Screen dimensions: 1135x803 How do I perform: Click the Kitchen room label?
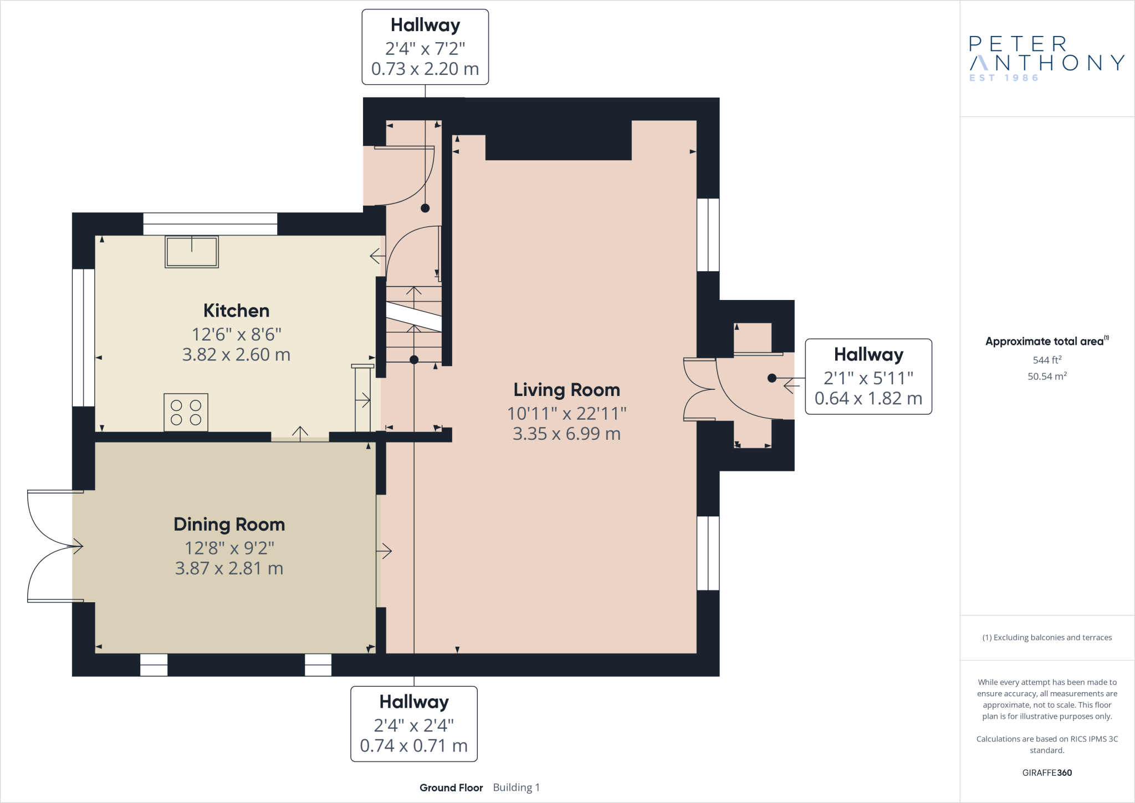point(236,311)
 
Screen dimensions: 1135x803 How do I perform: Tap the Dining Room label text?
point(229,525)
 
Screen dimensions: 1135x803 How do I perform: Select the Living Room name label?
point(566,390)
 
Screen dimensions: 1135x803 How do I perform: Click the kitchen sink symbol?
point(192,252)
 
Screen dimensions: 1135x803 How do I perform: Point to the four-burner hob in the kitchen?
point(186,412)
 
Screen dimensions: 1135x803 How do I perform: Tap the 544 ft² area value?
point(1047,360)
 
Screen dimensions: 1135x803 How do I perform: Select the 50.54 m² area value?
point(1047,376)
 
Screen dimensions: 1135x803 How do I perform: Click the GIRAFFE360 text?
point(1047,772)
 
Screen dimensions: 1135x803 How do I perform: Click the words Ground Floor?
point(451,787)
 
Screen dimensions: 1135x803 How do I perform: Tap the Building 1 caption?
point(516,787)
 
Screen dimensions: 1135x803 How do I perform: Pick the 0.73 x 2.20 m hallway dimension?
point(425,69)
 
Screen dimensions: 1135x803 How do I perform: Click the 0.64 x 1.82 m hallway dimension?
point(868,398)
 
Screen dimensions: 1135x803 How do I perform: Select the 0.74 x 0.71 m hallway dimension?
point(414,746)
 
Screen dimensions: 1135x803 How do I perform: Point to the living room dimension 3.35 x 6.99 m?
point(566,434)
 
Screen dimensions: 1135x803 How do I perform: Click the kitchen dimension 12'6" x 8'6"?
point(236,334)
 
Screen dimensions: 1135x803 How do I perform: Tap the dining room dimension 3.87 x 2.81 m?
point(229,568)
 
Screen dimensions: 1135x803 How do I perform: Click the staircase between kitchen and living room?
point(414,324)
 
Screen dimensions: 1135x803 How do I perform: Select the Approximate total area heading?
point(1047,341)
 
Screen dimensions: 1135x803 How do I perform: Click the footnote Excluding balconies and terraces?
point(1047,638)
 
